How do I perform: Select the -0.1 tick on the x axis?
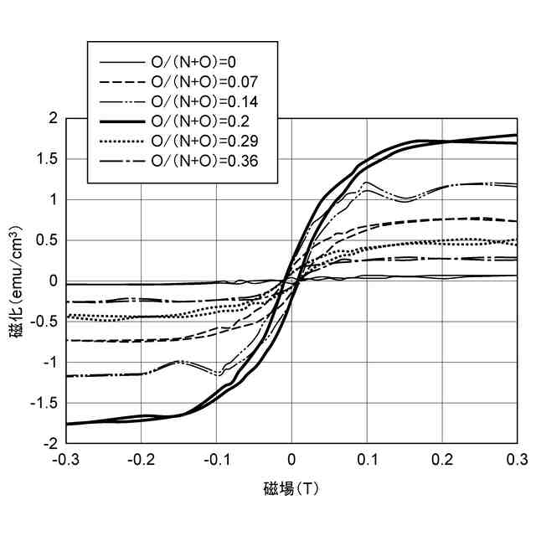pos(215,460)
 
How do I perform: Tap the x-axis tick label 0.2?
pos(442,460)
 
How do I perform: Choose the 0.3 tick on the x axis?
pos(518,460)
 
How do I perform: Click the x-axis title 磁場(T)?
pos(291,488)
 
